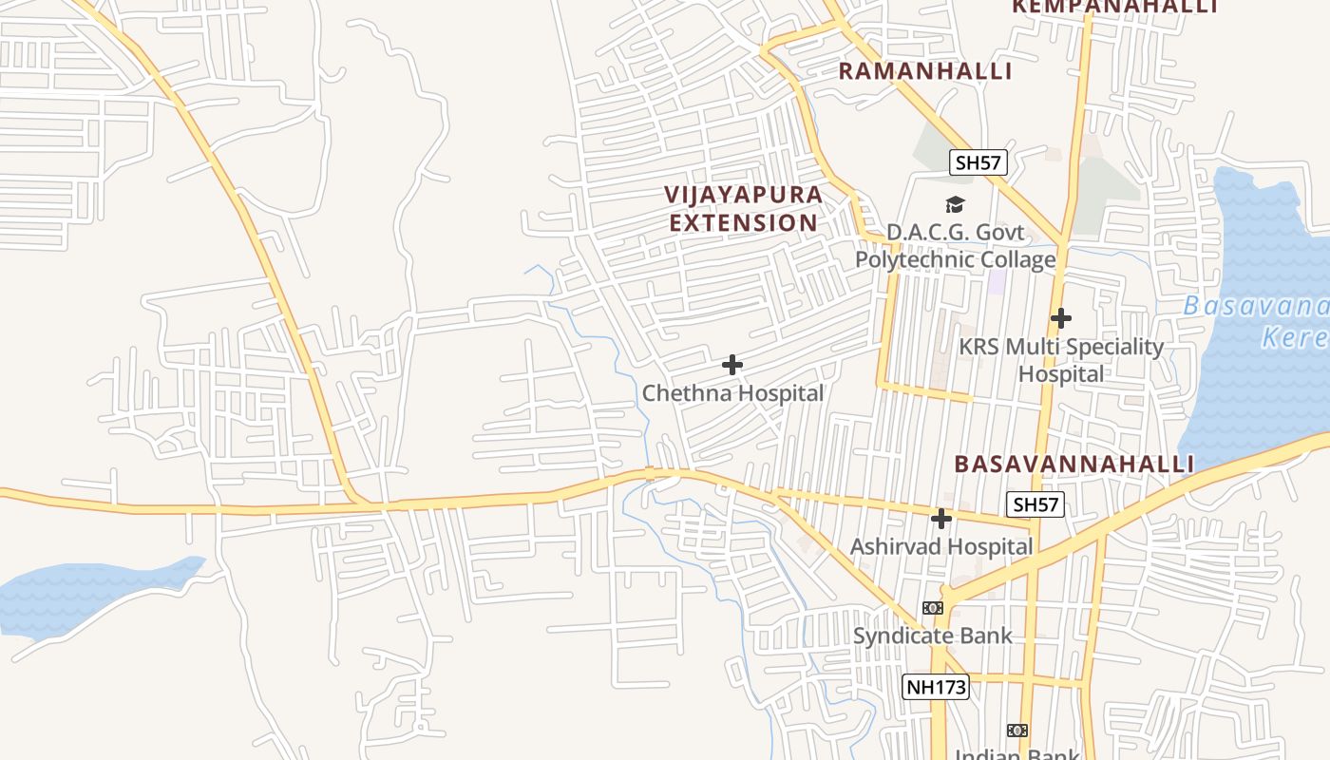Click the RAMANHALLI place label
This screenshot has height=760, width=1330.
pyautogui.click(x=924, y=71)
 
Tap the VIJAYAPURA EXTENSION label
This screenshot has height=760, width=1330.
pyautogui.click(x=743, y=209)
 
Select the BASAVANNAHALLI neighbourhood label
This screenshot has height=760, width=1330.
pyautogui.click(x=1073, y=464)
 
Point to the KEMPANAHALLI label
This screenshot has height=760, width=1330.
pyautogui.click(x=1114, y=7)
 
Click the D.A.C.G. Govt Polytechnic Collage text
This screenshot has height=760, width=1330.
pyautogui.click(x=956, y=246)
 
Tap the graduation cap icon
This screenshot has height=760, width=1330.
pyautogui.click(x=955, y=204)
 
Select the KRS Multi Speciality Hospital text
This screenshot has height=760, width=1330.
pyautogui.click(x=1060, y=360)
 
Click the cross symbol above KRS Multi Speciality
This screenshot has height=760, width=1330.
pyautogui.click(x=1061, y=318)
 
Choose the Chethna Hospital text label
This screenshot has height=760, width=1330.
pyautogui.click(x=732, y=392)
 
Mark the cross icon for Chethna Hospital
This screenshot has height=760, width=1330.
pyautogui.click(x=732, y=364)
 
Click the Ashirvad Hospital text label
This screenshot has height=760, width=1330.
pyautogui.click(x=940, y=546)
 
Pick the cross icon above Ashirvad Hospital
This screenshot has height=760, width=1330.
pyautogui.click(x=941, y=519)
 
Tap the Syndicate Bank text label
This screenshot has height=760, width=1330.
pyautogui.click(x=932, y=636)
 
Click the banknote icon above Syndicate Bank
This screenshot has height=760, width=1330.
pyautogui.click(x=933, y=608)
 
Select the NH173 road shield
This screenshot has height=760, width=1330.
pyautogui.click(x=935, y=687)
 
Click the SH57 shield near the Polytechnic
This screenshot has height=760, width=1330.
pyautogui.click(x=978, y=162)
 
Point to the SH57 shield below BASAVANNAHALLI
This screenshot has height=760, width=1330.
pyautogui.click(x=1035, y=504)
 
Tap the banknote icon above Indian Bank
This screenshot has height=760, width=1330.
pyautogui.click(x=1017, y=731)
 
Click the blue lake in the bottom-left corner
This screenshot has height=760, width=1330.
pyautogui.click(x=85, y=594)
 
